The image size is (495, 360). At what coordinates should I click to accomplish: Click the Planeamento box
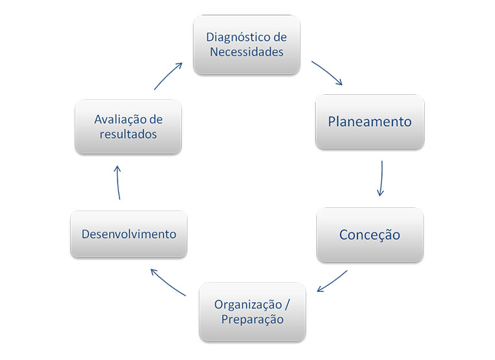pos(370,122)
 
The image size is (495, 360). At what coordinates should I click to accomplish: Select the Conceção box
pos(370,235)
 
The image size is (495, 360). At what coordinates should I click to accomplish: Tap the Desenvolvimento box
pos(129,234)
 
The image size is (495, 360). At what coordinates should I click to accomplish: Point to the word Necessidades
pos(247,52)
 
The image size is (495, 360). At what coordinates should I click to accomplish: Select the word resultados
pos(128,135)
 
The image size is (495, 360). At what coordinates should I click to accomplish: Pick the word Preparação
pos(252,320)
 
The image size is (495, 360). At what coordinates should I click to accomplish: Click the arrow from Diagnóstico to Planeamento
pos(327,73)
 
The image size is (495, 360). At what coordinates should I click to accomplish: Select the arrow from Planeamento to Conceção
pos(381,178)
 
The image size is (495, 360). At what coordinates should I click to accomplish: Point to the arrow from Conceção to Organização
pos(333,281)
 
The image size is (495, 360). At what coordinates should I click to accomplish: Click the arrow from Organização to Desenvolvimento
pos(167,281)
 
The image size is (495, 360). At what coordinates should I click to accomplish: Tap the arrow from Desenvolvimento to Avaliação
pos(118,182)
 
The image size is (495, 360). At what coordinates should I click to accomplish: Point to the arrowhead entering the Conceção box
pos(380,192)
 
